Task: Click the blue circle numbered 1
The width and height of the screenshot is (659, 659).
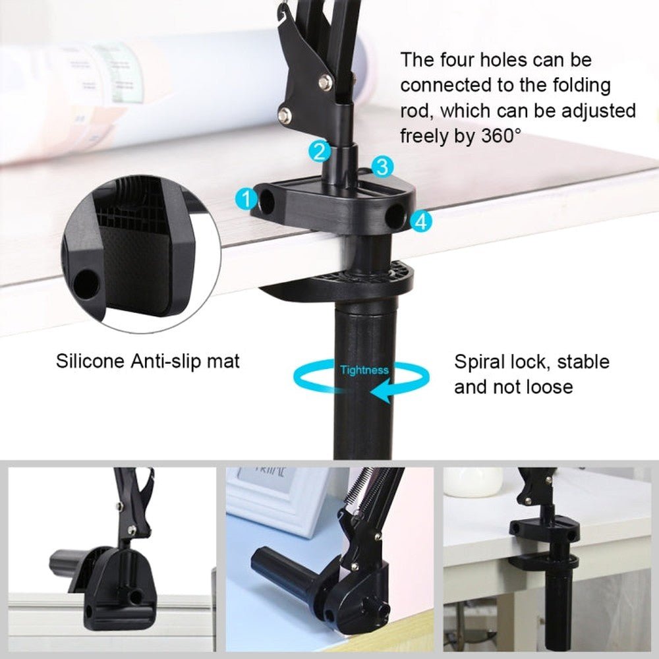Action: point(246,198)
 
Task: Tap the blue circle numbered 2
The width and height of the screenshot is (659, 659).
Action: point(320,152)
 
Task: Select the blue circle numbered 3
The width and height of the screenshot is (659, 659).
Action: point(383,167)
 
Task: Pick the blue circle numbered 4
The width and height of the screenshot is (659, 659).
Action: point(420,222)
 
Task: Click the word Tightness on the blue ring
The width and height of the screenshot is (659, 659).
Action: point(364,370)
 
